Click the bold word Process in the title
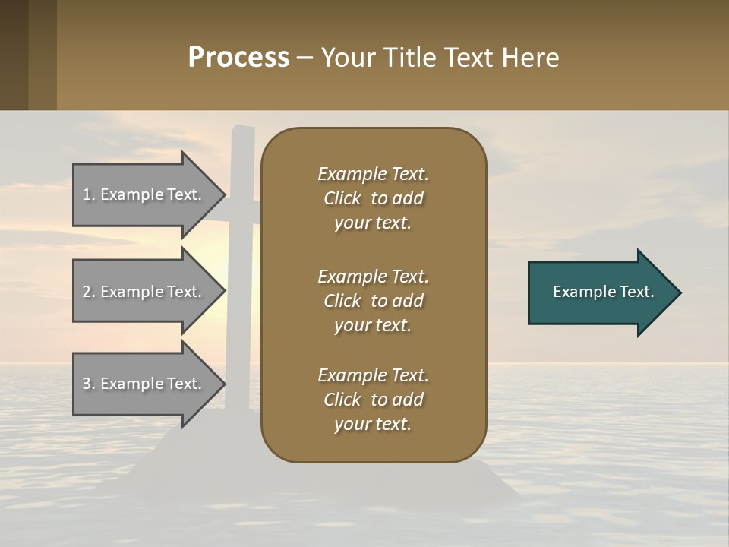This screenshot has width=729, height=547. tap(238, 58)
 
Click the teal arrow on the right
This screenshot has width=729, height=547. tap(600, 292)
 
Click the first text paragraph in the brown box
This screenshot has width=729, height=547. tap(373, 198)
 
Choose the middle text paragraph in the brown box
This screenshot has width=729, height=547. tap(373, 301)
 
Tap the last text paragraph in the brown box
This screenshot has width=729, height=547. tap(373, 400)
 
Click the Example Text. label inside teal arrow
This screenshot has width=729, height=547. tap(603, 292)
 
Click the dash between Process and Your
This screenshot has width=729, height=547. tap(305, 58)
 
